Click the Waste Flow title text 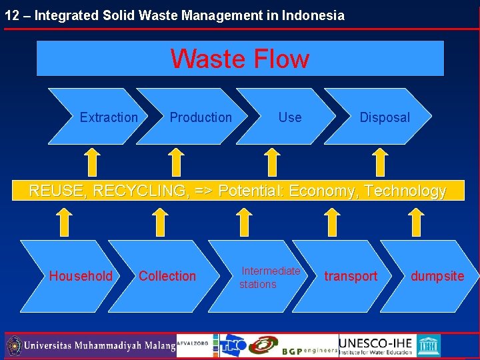tap(240, 59)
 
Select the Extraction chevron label tap(109, 117)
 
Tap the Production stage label tap(201, 117)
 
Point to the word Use tap(290, 117)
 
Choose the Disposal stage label tap(385, 117)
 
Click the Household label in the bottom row tap(81, 276)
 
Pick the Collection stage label tap(167, 276)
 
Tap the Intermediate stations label tap(270, 277)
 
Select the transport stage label tap(351, 276)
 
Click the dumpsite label tap(437, 276)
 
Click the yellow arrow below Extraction tap(93, 162)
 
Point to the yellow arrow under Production tap(175, 162)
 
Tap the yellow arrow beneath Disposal tap(379, 162)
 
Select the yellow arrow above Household tap(63, 222)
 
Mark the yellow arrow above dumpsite tap(416, 222)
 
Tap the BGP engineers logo tap(309, 349)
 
